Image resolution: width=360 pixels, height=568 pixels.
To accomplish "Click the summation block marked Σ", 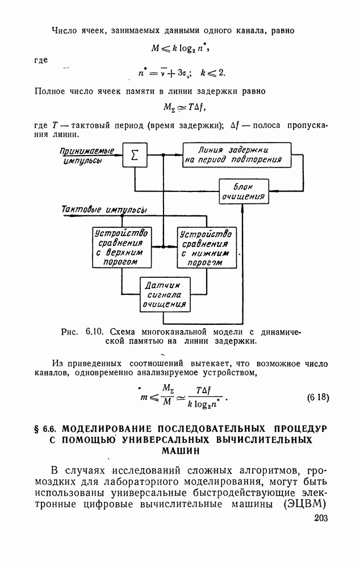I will tap(135, 155).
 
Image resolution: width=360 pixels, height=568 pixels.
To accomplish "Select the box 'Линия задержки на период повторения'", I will tap(236, 155).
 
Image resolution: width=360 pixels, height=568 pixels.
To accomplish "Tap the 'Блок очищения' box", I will tap(244, 192).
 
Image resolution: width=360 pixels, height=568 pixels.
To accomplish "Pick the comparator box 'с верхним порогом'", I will tap(122, 247).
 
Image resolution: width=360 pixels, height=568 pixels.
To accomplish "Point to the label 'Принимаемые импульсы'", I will tap(86, 155).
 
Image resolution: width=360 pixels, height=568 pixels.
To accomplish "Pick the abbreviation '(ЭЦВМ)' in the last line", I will tap(305, 504).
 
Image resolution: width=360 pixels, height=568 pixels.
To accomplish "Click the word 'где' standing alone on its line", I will tap(41, 60).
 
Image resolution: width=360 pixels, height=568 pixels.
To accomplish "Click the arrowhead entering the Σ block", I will tap(119, 155).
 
